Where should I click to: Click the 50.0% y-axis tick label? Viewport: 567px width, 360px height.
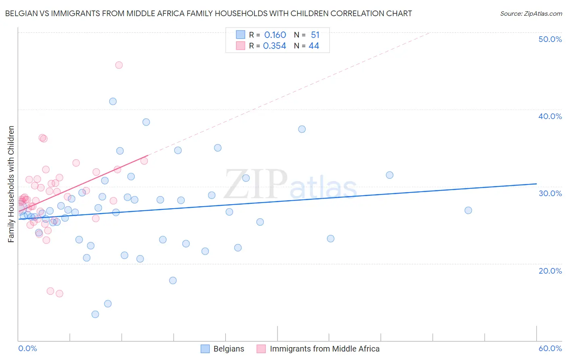point(550,39)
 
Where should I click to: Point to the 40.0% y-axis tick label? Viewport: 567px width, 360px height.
point(550,116)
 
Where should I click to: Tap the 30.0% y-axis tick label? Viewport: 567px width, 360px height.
point(550,193)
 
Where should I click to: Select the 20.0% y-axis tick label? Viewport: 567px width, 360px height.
point(550,271)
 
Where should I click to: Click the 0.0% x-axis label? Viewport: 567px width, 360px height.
point(27,348)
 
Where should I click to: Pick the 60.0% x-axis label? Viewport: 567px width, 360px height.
point(550,348)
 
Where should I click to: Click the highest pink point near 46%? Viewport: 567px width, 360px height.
point(119,65)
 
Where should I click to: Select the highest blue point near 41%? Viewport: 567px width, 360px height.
point(113,101)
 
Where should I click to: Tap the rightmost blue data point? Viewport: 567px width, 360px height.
point(468,210)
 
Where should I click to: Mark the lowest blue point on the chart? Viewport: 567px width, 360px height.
point(95,314)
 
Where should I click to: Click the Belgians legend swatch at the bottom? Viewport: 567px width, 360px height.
point(205,349)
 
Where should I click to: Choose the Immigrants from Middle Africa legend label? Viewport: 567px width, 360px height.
point(325,349)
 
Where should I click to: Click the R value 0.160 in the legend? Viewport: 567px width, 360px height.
point(275,35)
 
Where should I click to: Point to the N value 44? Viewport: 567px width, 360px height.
point(314,46)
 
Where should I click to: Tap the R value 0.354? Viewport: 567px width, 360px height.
point(275,46)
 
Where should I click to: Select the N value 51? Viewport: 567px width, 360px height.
point(315,35)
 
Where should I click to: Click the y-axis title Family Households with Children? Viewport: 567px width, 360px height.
point(11,184)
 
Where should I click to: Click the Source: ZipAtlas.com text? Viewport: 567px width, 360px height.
point(531,14)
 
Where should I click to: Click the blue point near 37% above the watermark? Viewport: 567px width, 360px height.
point(302,129)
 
